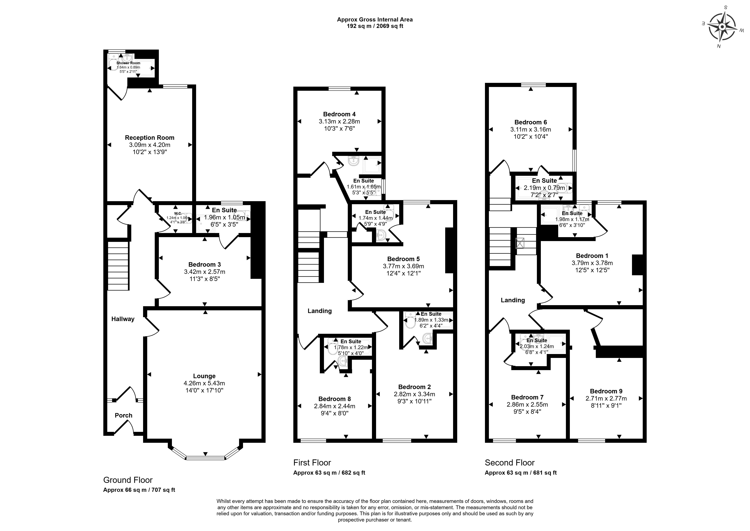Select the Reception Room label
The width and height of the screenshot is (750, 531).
click(x=150, y=138)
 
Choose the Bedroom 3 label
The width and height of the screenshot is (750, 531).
click(x=205, y=265)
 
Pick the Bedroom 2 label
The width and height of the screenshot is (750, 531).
click(x=414, y=387)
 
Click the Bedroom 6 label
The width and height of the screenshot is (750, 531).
click(x=530, y=122)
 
